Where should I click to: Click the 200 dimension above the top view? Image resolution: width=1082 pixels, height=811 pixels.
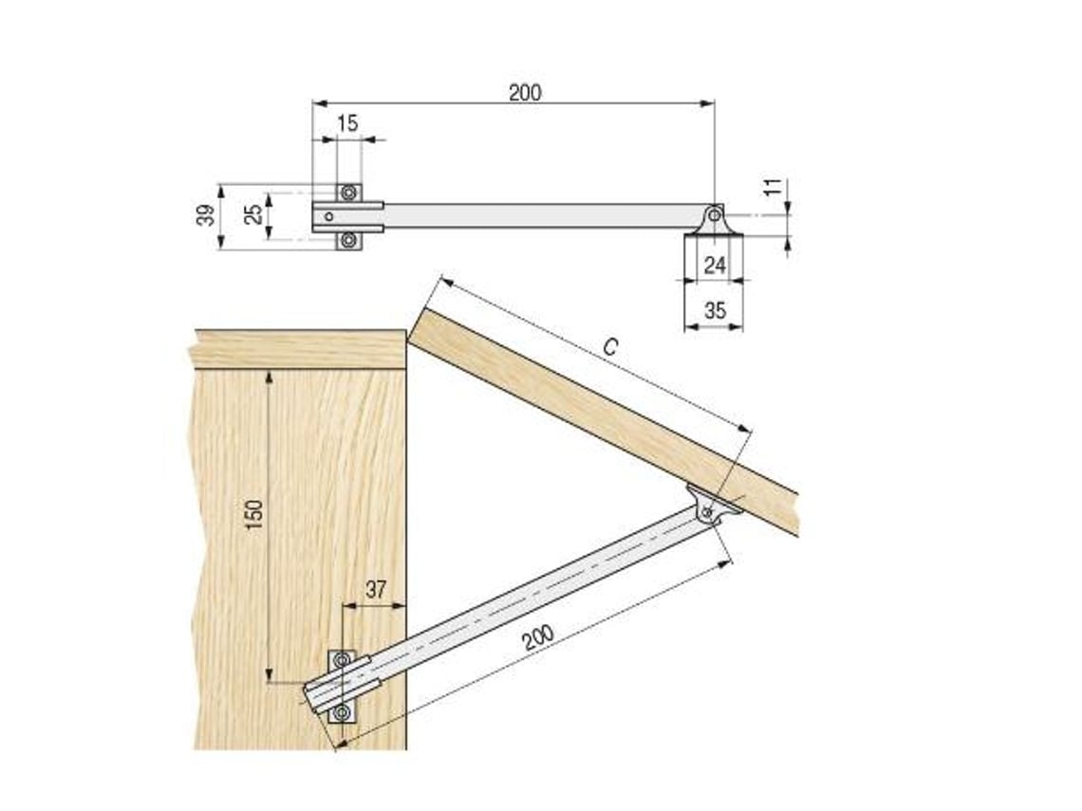525,92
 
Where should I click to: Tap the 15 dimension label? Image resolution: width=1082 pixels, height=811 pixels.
347,123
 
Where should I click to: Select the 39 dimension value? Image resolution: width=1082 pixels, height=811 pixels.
206,215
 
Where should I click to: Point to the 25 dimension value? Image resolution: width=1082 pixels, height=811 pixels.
253,213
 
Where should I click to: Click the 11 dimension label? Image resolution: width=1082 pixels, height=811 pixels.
774,187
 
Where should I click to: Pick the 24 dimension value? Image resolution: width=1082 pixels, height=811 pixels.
715,264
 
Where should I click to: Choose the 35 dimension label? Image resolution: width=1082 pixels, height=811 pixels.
715,310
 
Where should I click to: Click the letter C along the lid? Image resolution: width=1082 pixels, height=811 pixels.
610,347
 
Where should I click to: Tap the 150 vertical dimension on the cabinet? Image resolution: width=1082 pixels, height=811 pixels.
254,514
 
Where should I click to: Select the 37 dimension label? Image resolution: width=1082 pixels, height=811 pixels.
376,590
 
